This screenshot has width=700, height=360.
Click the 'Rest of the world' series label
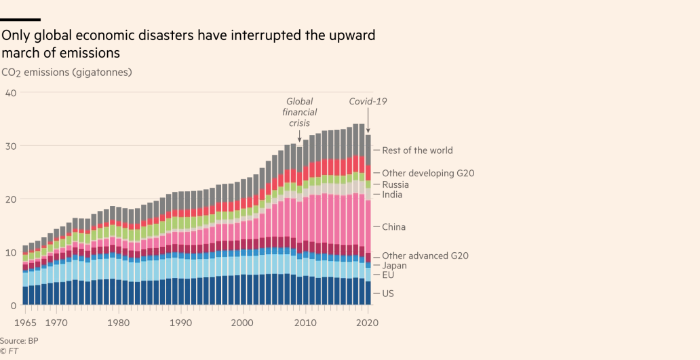[417, 151]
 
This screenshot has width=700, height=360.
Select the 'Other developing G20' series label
[427, 174]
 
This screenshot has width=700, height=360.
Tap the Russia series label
[395, 184]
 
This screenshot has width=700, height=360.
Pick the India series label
[392, 195]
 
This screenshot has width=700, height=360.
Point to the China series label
[393, 227]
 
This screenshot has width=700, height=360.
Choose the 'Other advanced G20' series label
[425, 256]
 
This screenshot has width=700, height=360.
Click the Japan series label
[394, 266]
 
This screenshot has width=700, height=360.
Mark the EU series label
[388, 275]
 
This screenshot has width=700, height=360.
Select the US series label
[388, 294]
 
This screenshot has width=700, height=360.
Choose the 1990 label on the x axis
[181, 323]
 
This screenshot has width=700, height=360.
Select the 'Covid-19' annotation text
[368, 102]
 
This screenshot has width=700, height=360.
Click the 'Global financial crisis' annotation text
[299, 113]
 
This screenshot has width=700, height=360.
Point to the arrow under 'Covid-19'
[368, 121]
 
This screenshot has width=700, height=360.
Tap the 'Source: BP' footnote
[19, 340]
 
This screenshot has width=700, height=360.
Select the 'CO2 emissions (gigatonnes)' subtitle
[66, 72]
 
